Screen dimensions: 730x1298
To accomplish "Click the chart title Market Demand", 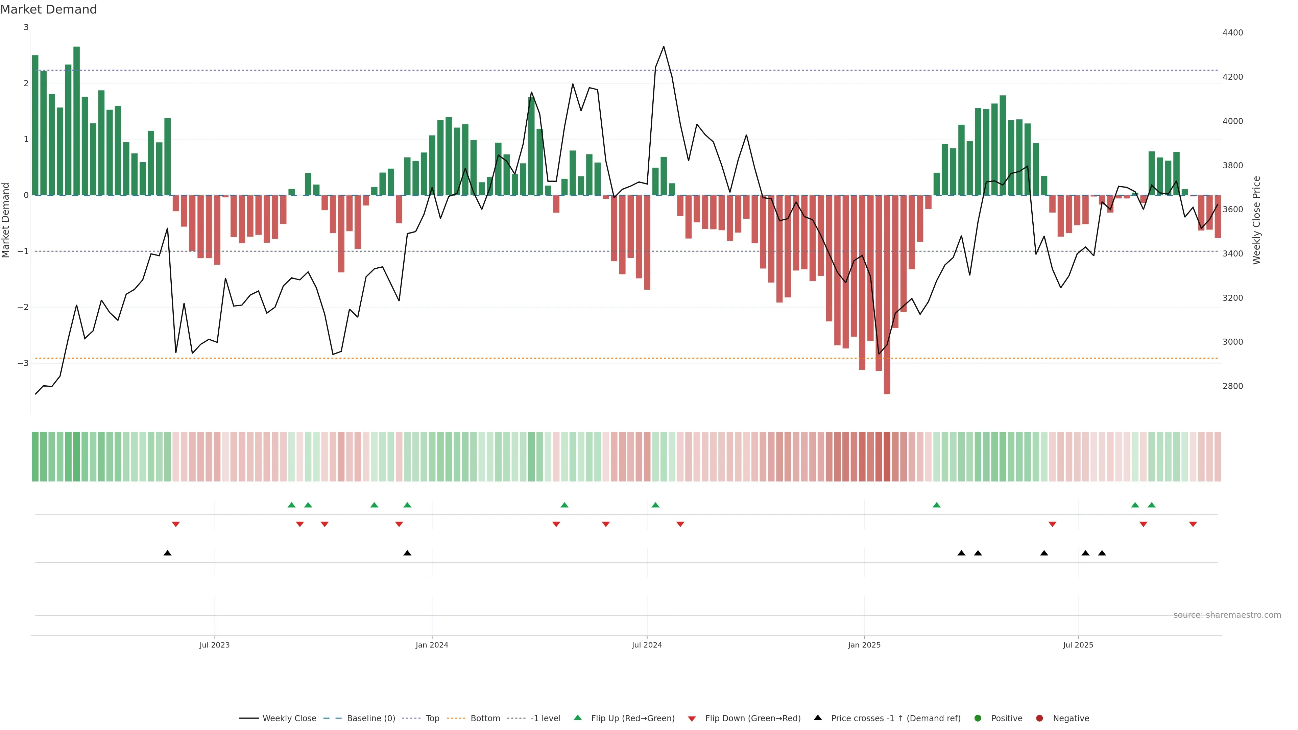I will pos(48,9).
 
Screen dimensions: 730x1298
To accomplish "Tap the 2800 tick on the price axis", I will pos(1232,386).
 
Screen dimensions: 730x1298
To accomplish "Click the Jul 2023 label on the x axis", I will pos(214,645).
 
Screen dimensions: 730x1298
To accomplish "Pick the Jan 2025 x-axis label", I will pos(864,645).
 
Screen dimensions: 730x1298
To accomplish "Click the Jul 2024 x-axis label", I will pos(647,645).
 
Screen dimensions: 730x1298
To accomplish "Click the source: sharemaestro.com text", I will pos(1227,615).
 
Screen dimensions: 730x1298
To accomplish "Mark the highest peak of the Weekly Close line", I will pos(663,47).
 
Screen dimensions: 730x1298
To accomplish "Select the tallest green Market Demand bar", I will pos(77,121).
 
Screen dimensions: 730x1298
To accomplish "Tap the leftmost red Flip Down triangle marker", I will pos(176,525).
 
